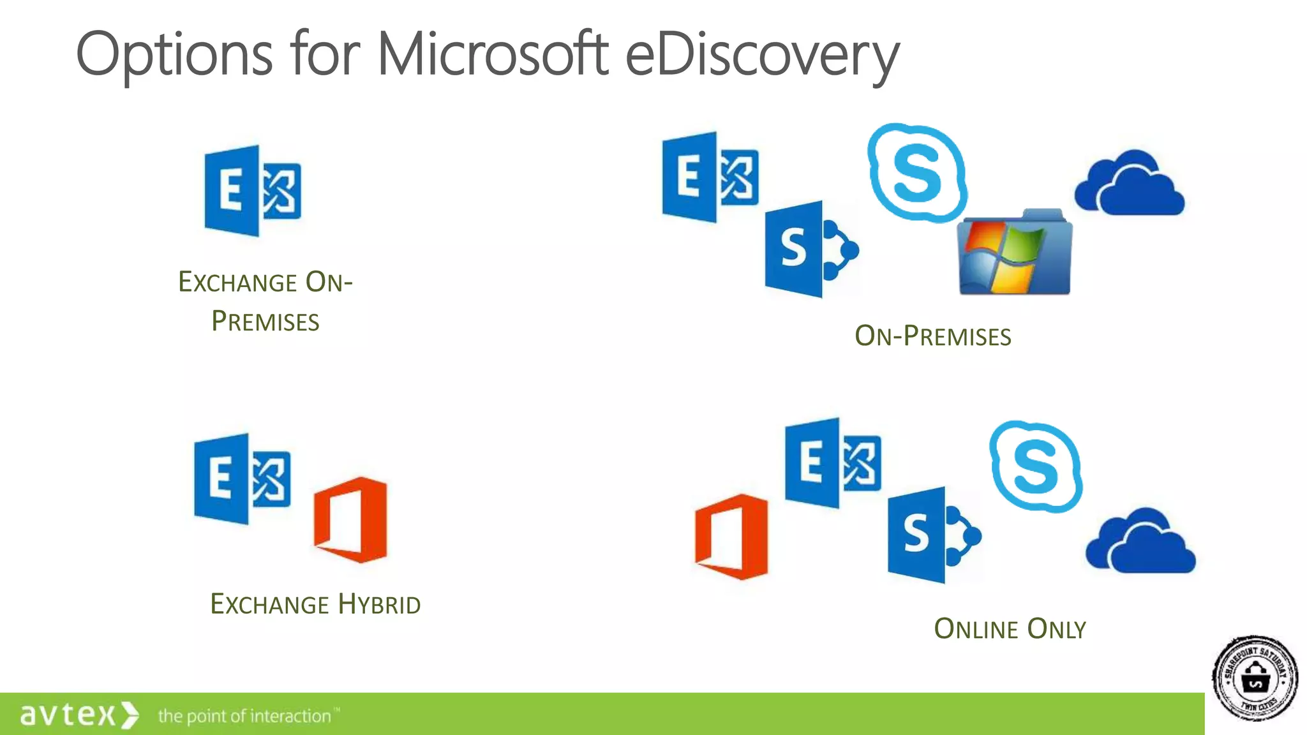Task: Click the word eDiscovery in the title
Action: (x=762, y=56)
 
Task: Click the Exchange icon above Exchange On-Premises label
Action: (x=252, y=191)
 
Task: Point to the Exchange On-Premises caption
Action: (x=265, y=301)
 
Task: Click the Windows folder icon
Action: (x=1015, y=253)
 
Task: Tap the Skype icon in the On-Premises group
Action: (x=917, y=172)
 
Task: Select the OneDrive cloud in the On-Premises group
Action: (x=1130, y=184)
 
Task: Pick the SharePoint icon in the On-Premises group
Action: (x=810, y=249)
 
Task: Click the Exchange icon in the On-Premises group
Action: (x=710, y=177)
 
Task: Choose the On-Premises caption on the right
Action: (x=933, y=336)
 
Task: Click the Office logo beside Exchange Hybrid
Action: (x=351, y=519)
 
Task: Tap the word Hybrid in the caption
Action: (x=379, y=604)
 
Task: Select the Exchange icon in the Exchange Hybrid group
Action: (x=242, y=479)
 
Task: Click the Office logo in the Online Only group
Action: (x=732, y=537)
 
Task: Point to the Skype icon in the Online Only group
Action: (x=1035, y=466)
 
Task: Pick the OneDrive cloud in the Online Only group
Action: (x=1140, y=542)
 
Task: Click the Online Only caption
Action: (x=1010, y=629)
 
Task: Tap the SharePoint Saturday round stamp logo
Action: (x=1255, y=678)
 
